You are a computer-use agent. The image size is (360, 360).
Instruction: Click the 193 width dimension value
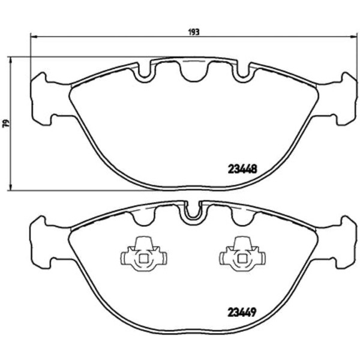tap(194, 32)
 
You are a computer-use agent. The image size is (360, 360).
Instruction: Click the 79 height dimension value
tap(7, 123)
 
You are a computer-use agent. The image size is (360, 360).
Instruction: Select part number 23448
tap(242, 169)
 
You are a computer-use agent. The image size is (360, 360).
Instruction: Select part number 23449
tap(242, 313)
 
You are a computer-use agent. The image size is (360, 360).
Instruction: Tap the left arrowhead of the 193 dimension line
tap(34, 36)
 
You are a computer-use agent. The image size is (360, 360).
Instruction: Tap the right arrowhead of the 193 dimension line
tap(354, 36)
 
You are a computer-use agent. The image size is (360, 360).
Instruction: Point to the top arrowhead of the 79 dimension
tap(10, 54)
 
